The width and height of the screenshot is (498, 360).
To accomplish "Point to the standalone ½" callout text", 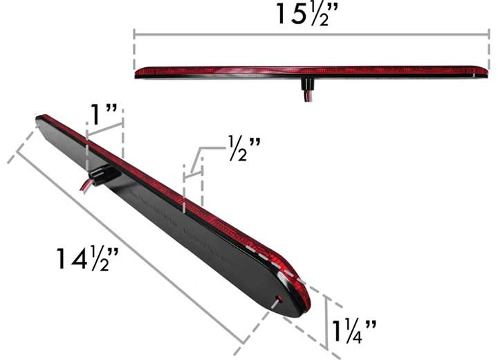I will pyautogui.click(x=243, y=147).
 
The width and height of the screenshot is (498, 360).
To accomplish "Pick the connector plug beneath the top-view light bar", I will pyautogui.click(x=304, y=86).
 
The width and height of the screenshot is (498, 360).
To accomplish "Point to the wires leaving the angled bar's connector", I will pyautogui.click(x=86, y=186).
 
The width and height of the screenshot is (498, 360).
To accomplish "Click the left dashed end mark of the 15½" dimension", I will pyautogui.click(x=134, y=52).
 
